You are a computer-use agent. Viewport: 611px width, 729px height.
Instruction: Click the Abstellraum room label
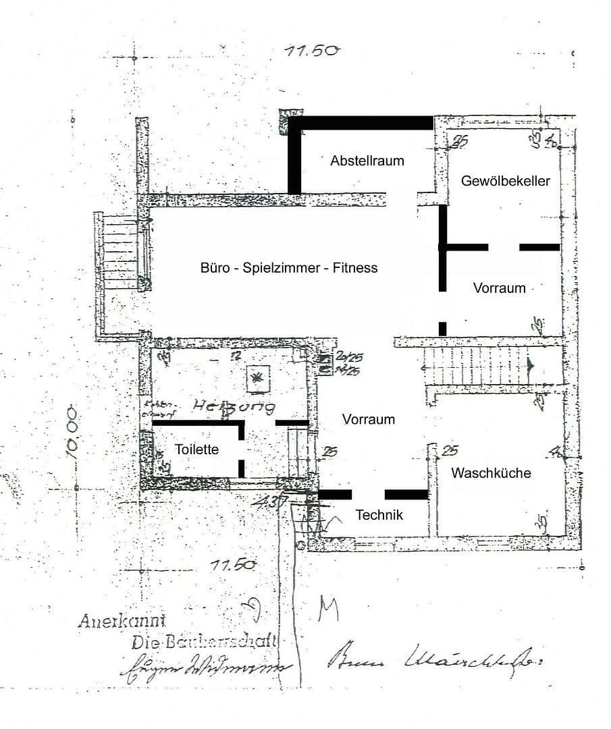[x=367, y=161]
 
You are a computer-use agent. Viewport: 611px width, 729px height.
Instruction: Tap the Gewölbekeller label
[x=506, y=181]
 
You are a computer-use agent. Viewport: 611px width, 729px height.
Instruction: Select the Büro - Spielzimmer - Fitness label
[x=289, y=268]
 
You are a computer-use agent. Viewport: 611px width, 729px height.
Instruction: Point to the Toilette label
[x=196, y=449]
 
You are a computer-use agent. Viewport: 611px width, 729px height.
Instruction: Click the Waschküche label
[x=491, y=473]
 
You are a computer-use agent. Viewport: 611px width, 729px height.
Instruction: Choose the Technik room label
[x=379, y=515]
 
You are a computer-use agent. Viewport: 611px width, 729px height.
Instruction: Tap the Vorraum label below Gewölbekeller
[x=499, y=288]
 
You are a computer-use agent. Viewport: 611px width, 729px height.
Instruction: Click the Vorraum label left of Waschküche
[x=368, y=419]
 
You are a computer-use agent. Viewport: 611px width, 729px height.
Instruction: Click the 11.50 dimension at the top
[x=312, y=51]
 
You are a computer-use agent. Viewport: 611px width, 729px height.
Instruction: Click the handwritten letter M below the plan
[x=328, y=609]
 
